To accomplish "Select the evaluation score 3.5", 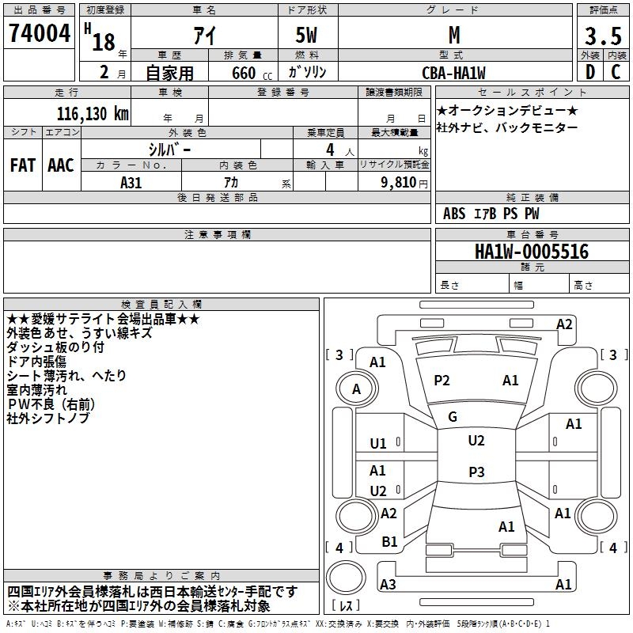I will click(x=602, y=36).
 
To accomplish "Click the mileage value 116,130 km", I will click(x=93, y=114).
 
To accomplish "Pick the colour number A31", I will click(x=131, y=182).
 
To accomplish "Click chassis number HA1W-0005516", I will click(x=531, y=252).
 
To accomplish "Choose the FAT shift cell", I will click(x=23, y=165).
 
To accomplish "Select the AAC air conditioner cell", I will click(x=61, y=165).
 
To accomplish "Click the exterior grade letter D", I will click(x=589, y=73).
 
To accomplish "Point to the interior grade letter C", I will click(x=616, y=73).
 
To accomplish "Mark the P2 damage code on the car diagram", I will click(x=442, y=381).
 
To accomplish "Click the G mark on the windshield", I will click(x=452, y=417).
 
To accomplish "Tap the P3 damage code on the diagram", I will click(x=476, y=472).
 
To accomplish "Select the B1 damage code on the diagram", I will click(x=389, y=542).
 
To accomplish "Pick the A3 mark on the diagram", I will click(x=388, y=585).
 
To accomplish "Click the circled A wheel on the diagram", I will click(x=356, y=389).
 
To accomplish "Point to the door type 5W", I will click(x=309, y=36).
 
